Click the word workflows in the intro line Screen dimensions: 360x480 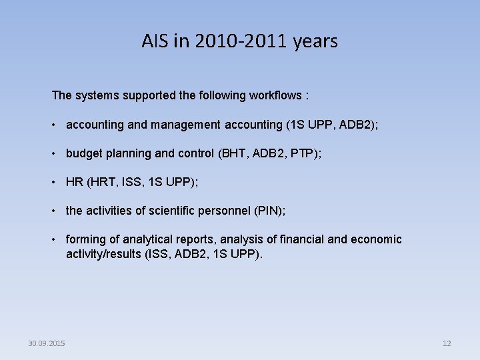(275, 95)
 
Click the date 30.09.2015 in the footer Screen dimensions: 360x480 (47, 343)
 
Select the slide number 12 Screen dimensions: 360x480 (447, 343)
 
